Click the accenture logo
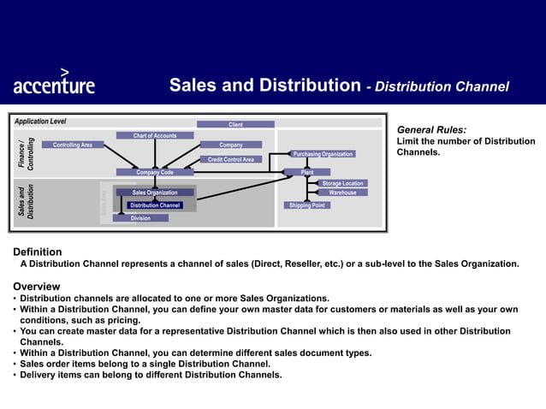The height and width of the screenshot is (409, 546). pos(54,82)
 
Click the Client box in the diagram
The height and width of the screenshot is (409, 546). pos(235,125)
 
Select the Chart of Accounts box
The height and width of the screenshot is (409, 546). pos(155,135)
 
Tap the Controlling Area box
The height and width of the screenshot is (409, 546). pos(73,145)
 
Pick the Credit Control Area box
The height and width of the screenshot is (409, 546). pos(231,159)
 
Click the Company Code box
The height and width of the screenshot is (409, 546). pos(155,172)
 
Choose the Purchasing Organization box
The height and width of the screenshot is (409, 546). pos(323,154)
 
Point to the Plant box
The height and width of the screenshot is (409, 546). pos(307,172)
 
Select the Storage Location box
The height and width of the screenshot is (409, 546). pos(342,183)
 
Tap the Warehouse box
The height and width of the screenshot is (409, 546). pos(342,193)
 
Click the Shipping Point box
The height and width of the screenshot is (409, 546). pos(306,205)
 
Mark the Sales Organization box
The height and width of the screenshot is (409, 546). pos(155,193)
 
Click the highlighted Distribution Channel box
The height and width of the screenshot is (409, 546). pos(155,205)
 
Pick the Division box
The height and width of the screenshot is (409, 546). pos(140,218)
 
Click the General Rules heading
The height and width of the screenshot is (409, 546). pos(431,129)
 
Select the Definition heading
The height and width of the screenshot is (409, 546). pos(37,252)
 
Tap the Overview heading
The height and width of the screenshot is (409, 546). pos(36,286)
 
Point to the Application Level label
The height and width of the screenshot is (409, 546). pos(40,122)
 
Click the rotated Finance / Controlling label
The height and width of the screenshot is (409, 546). pos(27,154)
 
